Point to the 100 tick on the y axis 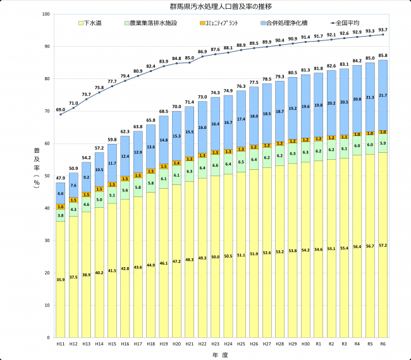(x=47, y=14)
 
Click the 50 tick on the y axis (x=48, y=176)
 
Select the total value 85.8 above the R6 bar (x=383, y=56)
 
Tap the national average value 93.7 (x=383, y=30)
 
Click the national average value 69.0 (x=61, y=109)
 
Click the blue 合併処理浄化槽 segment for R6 (x=383, y=95)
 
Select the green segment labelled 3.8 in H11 (x=61, y=215)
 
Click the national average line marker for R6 (x=383, y=35)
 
